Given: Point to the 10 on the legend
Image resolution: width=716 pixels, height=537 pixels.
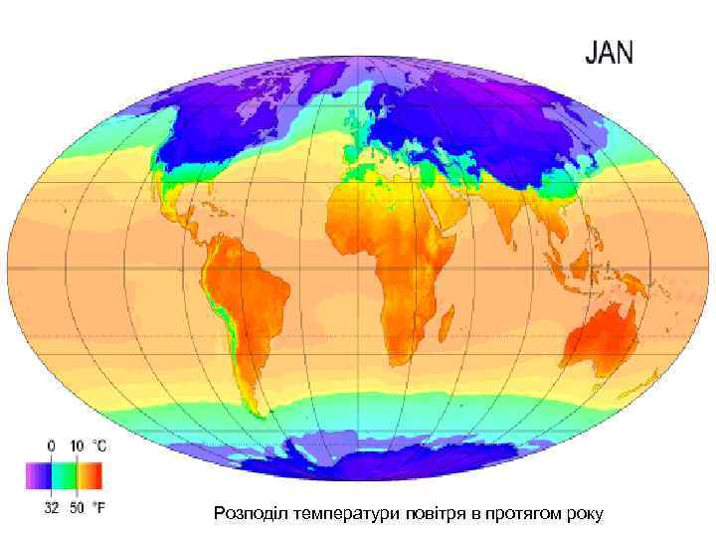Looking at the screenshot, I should point(78,447).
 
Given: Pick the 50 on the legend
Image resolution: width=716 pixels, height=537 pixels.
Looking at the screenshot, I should point(78,507).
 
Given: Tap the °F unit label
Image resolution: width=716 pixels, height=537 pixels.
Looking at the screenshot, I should point(99,507).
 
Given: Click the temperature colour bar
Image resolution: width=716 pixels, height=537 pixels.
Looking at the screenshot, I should point(65,477).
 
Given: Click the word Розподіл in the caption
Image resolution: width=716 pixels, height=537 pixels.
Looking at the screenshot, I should point(246,513).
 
